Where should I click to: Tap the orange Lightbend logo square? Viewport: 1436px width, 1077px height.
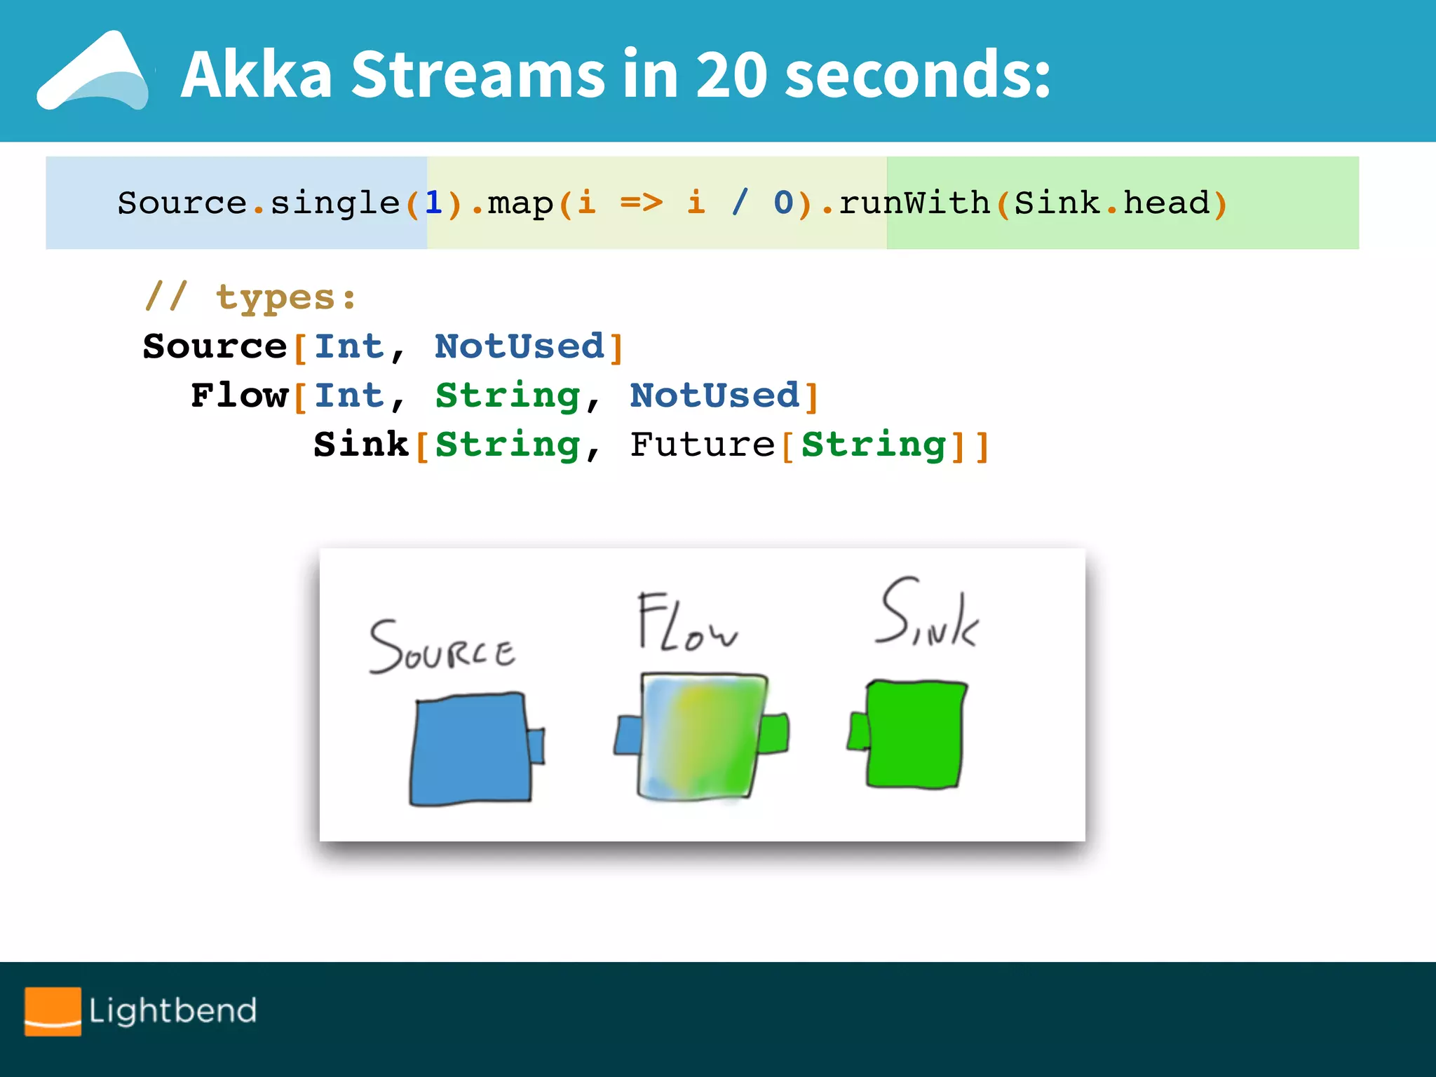[53, 1010]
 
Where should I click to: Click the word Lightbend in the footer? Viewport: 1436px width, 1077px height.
[172, 1010]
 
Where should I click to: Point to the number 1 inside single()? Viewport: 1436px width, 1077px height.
[433, 203]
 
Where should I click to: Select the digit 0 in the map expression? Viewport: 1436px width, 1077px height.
[783, 203]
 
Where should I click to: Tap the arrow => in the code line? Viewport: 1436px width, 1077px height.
[642, 203]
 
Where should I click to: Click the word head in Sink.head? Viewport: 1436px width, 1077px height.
[1167, 203]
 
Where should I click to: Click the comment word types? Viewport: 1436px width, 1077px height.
[286, 297]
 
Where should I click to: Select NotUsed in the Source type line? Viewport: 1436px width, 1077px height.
[520, 346]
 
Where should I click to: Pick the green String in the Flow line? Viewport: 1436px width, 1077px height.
[508, 395]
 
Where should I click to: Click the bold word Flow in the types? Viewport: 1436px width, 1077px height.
[240, 395]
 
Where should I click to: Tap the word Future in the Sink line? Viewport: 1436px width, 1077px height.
[702, 445]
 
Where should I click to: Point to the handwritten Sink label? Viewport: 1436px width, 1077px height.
[927, 614]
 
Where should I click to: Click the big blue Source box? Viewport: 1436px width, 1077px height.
[470, 749]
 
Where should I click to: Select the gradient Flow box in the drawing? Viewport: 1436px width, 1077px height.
[701, 736]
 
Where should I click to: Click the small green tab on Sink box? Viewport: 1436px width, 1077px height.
[858, 731]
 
